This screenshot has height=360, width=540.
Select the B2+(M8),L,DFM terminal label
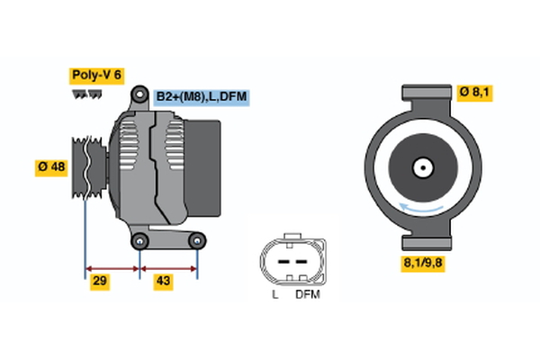click(200, 96)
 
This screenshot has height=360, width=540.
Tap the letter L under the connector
click(274, 294)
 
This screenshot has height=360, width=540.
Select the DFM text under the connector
click(308, 294)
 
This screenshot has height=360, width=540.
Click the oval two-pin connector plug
click(289, 260)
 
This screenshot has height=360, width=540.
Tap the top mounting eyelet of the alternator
click(139, 94)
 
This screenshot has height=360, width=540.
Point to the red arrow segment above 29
click(112, 268)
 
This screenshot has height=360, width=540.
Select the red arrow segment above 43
click(169, 268)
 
